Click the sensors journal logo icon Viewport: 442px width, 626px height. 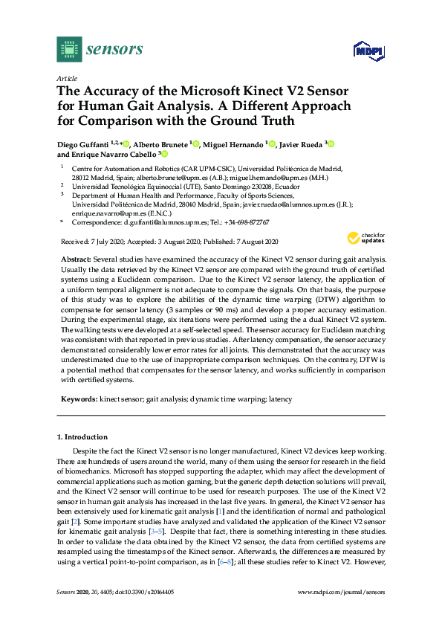69,49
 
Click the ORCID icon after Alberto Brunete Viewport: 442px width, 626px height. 195,143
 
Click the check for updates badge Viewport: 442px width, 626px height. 363,239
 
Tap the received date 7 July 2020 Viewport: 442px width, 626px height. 97,242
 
